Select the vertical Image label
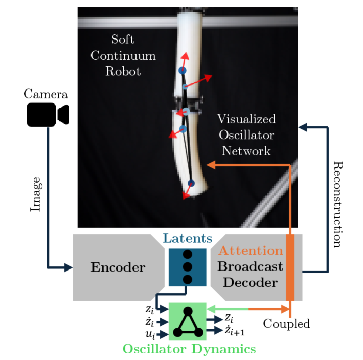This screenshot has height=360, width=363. point(35,194)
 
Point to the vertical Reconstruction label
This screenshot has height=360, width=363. point(337,204)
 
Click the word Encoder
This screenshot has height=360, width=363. point(118,267)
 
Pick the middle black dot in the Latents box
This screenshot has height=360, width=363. point(188,267)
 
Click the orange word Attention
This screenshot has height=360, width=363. point(250,251)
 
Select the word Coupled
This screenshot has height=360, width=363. point(287,323)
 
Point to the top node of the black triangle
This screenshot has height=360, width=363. point(188,311)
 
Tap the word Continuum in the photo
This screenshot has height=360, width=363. point(123,55)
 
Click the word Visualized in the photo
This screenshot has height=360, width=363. point(246,119)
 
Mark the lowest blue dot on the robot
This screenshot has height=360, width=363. point(191,183)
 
